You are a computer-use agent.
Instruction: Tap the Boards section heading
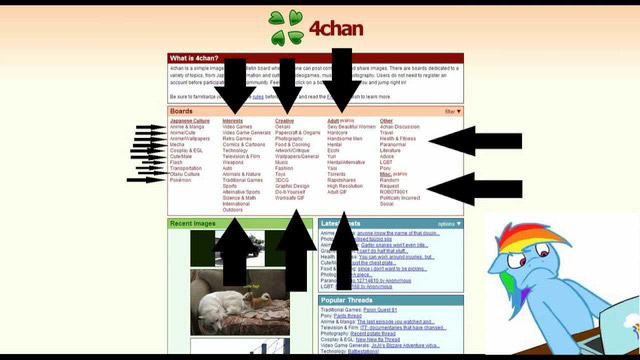(182, 111)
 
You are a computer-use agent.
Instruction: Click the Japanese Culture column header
(190, 120)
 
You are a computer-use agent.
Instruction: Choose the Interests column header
(232, 120)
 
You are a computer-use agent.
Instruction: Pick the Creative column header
(285, 120)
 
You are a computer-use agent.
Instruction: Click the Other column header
(387, 120)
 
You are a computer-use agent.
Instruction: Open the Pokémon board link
(182, 180)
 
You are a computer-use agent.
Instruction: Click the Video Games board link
(237, 127)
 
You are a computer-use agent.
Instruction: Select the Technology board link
(235, 150)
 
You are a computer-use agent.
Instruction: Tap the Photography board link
(290, 139)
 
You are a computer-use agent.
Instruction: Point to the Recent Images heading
(194, 224)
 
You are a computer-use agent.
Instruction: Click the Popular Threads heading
(349, 299)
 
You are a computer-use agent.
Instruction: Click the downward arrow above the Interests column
(236, 86)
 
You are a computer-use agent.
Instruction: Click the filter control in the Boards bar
(452, 111)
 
